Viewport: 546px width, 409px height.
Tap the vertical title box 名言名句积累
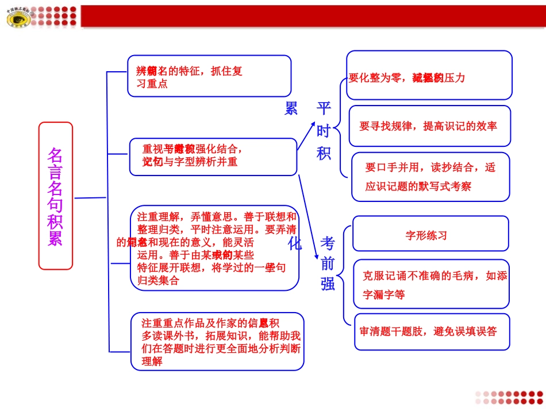(x=55, y=196)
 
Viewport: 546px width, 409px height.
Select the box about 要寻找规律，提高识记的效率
(x=429, y=126)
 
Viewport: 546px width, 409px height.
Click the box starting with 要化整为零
(x=429, y=75)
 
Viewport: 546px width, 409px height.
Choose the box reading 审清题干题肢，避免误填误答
(x=432, y=332)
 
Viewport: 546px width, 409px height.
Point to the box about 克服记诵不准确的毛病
(x=432, y=284)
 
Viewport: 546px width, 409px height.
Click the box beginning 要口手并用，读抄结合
(x=430, y=177)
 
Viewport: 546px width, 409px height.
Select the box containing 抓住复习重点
(x=209, y=76)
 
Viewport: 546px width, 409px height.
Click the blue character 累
(x=291, y=108)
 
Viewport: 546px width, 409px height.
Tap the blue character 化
(x=294, y=243)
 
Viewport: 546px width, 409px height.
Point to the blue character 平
(x=324, y=108)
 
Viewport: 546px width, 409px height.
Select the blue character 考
(x=328, y=243)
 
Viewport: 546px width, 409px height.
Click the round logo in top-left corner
(x=18, y=18)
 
